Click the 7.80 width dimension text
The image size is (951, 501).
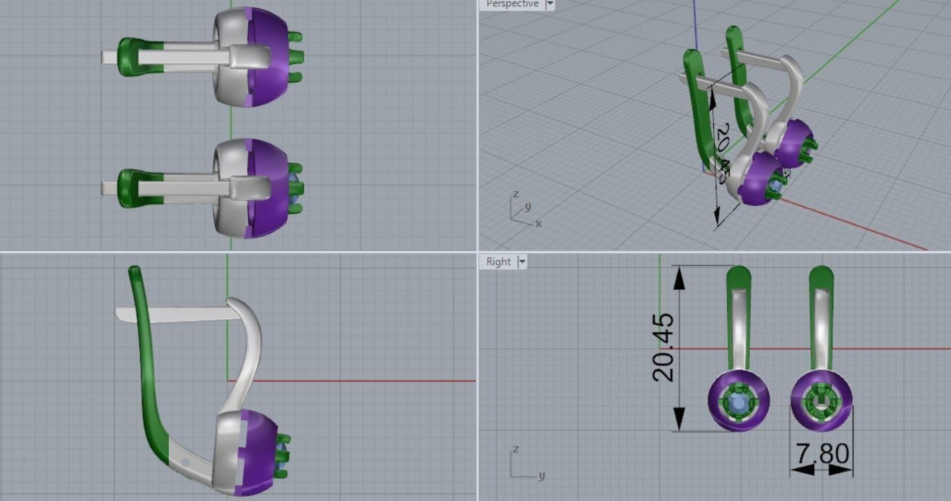point(821,454)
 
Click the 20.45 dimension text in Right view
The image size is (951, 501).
point(664,347)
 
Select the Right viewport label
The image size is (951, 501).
point(498,262)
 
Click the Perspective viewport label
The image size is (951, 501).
point(511,4)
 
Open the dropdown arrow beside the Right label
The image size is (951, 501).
point(522,262)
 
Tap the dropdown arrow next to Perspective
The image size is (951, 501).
point(550,4)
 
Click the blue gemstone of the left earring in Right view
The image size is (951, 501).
point(738,401)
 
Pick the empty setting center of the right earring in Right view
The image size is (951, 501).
point(821,401)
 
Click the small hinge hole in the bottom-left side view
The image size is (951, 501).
point(186,462)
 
